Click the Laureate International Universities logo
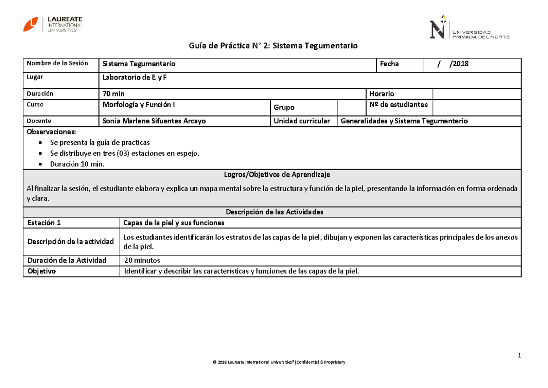coord(53,24)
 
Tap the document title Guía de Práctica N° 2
coord(274,46)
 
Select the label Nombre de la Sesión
coord(57,63)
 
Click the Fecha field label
coord(390,64)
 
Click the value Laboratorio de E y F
coord(135,77)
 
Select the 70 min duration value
coord(114,94)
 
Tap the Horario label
coord(382,94)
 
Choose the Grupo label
coord(284,107)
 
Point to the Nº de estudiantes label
coord(398,105)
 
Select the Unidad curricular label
coord(302,121)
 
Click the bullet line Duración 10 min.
coord(77,165)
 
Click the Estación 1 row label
coord(44,223)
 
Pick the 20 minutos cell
coord(142,260)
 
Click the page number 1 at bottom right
coord(519,356)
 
